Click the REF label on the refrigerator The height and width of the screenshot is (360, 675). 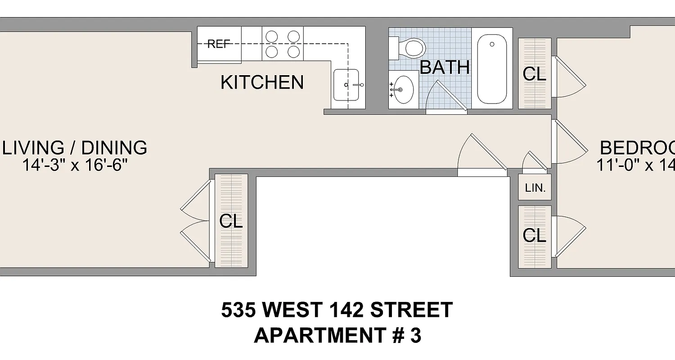click(x=219, y=44)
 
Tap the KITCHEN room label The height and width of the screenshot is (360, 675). click(x=262, y=82)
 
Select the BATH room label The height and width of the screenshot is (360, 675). click(x=445, y=67)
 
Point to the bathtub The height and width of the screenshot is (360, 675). click(x=492, y=69)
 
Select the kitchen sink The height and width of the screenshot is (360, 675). click(x=346, y=85)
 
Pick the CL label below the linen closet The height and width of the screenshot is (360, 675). click(x=535, y=235)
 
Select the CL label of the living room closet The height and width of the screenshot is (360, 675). click(x=231, y=221)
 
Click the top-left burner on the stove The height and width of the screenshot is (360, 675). click(x=271, y=36)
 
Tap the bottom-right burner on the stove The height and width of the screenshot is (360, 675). click(x=293, y=52)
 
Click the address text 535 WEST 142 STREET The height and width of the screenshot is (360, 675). click(x=337, y=310)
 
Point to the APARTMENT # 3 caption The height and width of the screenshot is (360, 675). click(x=337, y=336)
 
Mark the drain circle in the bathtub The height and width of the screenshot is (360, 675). click(x=492, y=44)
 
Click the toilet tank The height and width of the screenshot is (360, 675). click(x=393, y=48)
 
